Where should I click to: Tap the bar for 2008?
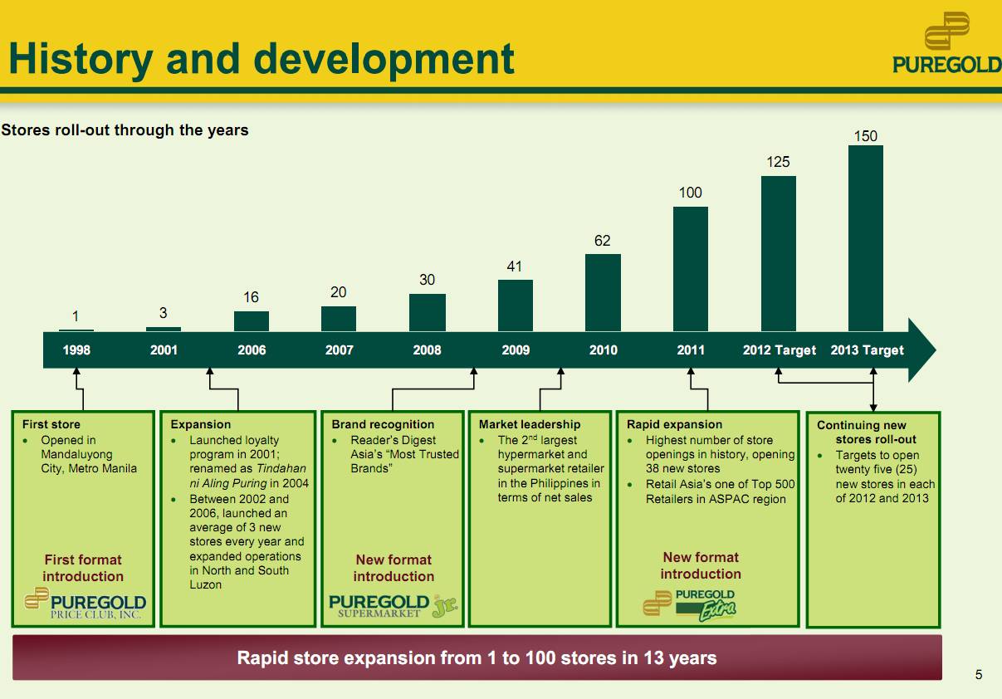coord(427,312)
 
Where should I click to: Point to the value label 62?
coord(603,241)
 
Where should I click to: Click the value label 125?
coord(778,162)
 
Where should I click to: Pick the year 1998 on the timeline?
coord(76,350)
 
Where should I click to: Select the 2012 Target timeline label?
coord(779,350)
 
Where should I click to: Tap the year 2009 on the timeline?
coord(516,350)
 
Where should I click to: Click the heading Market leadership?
coord(530,424)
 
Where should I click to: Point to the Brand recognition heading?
coord(383,424)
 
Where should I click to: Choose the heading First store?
coord(51,424)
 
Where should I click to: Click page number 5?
coord(978,675)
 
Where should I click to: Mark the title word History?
coord(81,60)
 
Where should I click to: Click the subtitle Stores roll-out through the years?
coord(125,130)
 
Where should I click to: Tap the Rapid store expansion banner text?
coord(477,658)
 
